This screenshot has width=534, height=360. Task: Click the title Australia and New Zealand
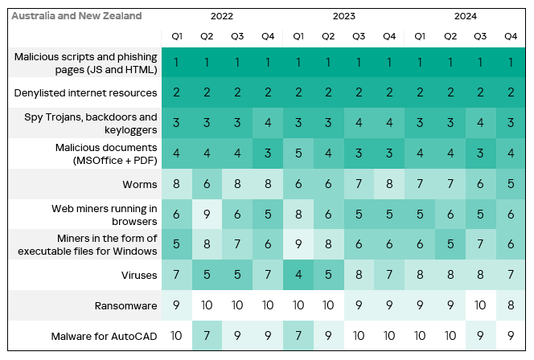[78, 16]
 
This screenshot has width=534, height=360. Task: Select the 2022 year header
[222, 16]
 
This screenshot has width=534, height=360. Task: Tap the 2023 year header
[343, 16]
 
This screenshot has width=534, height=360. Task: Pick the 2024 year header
[464, 16]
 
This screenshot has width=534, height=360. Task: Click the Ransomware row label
[125, 305]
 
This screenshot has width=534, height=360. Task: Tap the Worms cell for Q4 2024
[510, 184]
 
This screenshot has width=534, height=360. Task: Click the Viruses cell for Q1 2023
[298, 275]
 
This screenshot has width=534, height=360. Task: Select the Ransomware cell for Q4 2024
[510, 305]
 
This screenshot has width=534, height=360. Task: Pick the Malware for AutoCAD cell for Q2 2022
[207, 335]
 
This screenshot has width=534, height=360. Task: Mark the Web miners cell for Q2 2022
[207, 215]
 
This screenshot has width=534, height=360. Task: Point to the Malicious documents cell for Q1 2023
[298, 153]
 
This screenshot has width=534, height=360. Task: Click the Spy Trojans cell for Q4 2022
[267, 123]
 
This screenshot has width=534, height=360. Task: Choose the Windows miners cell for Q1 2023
[298, 245]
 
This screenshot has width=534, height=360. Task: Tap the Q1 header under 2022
[176, 36]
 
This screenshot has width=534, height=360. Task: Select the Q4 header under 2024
[510, 36]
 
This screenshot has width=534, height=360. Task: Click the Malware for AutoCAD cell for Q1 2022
[176, 335]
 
